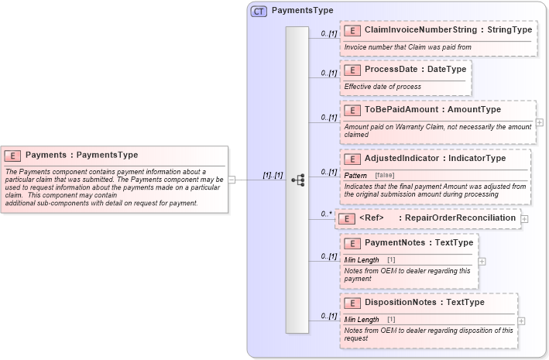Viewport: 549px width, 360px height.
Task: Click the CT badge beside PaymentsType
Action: pos(259,11)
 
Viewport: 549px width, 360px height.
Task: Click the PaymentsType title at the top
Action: pos(302,11)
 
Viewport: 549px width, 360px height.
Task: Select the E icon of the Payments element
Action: pos(13,155)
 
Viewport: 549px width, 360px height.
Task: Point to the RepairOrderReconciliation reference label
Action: pos(460,218)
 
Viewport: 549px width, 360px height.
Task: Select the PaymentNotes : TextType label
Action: pos(418,242)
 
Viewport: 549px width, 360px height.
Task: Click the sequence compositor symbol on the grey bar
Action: pos(297,180)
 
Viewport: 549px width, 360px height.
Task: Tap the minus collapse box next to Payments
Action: pos(232,180)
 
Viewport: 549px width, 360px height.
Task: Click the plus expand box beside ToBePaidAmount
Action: pos(540,122)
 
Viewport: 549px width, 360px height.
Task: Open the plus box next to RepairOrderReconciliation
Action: pos(525,219)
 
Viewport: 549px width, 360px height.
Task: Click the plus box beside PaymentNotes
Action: pos(482,261)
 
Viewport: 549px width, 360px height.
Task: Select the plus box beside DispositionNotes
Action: pos(521,321)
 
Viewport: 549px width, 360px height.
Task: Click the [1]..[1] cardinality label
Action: pos(273,175)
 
